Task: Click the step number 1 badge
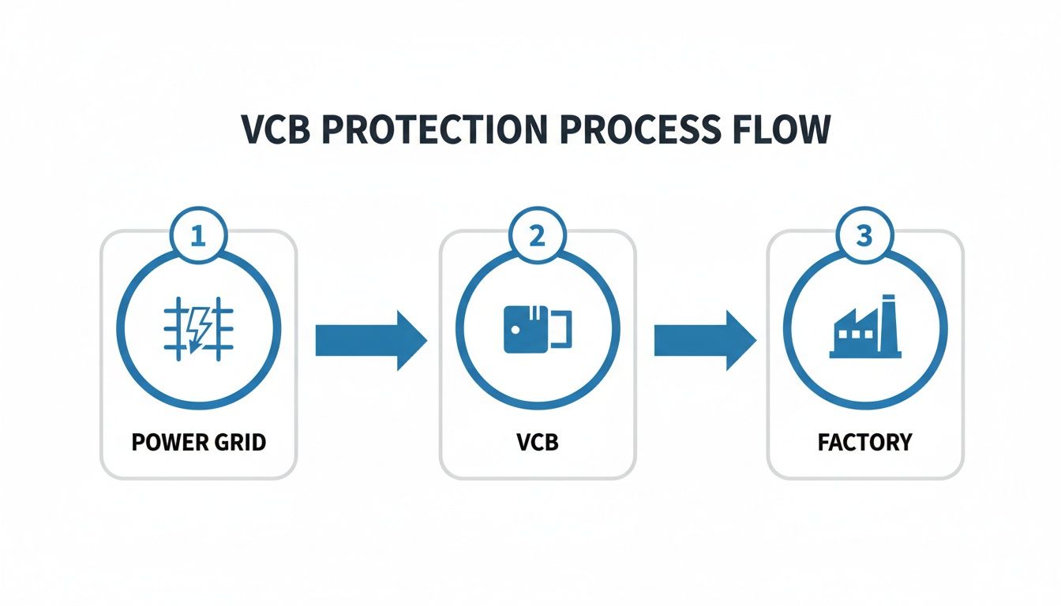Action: (198, 236)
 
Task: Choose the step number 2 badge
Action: (537, 236)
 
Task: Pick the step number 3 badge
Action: (865, 236)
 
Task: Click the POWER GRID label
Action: (198, 442)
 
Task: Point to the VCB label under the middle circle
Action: (537, 442)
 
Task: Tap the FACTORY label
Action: (865, 442)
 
